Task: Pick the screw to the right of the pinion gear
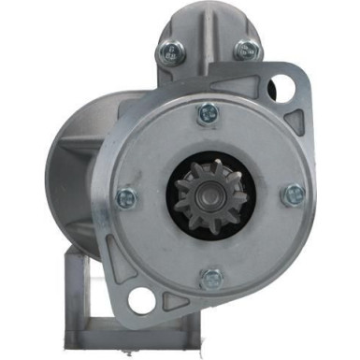(294, 194)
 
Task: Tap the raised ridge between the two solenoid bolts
(208, 47)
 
